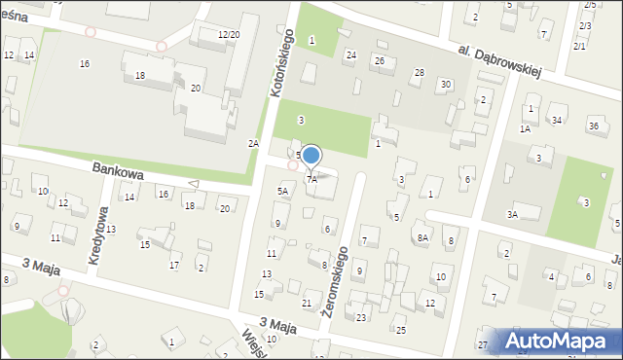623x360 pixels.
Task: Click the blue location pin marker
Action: pos(311,156)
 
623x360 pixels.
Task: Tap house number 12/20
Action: pos(229,34)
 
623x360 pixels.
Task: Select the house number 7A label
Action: pos(311,179)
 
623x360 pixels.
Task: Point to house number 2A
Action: pos(253,143)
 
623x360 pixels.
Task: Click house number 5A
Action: pos(282,192)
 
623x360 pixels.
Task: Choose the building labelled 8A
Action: pos(422,236)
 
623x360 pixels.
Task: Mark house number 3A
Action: pos(511,213)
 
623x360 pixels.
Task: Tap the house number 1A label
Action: pos(524,128)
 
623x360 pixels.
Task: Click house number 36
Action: pos(594,126)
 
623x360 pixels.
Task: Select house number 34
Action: pos(557,121)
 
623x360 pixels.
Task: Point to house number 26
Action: pos(380,60)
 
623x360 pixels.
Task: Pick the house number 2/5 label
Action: pos(589,6)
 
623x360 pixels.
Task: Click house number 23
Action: pos(361,317)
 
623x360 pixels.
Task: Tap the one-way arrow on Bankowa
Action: pos(193,183)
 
